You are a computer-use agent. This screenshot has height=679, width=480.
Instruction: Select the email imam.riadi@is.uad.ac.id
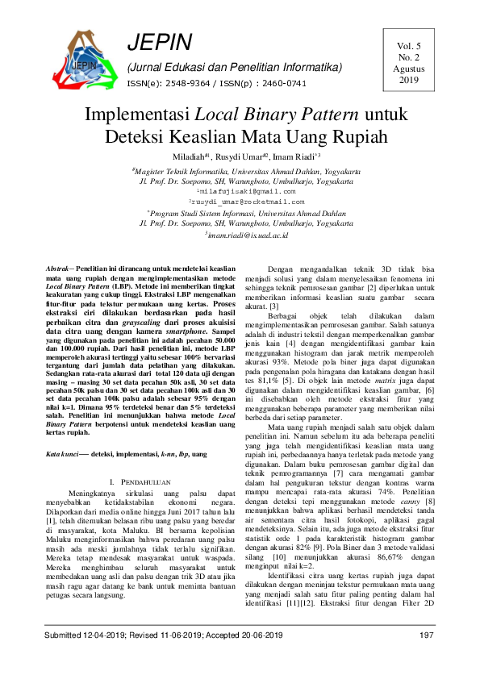pos(242,234)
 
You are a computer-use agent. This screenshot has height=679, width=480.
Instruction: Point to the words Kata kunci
pos(64,455)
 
